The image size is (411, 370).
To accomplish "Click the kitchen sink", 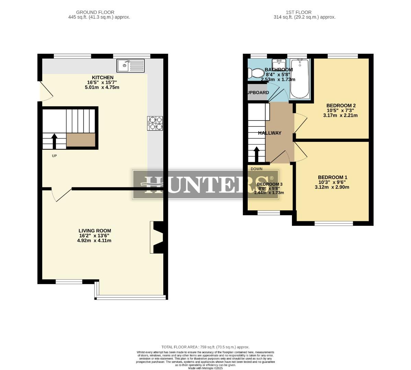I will pyautogui.click(x=131, y=65).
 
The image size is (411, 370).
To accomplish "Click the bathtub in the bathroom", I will pyautogui.click(x=300, y=78).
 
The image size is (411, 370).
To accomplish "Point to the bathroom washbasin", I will pyautogui.click(x=279, y=63).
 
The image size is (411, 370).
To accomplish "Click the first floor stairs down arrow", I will pyautogui.click(x=256, y=155).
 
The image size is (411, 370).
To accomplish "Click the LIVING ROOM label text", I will pyautogui.click(x=95, y=231).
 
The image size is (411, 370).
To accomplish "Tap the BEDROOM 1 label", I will pyautogui.click(x=332, y=177).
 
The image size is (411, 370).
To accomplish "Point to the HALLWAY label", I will pyautogui.click(x=270, y=133).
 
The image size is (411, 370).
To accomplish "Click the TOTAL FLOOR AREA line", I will pyautogui.click(x=205, y=347).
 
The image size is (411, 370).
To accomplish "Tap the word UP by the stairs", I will pyautogui.click(x=54, y=156).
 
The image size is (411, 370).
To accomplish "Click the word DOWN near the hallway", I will pyautogui.click(x=256, y=169).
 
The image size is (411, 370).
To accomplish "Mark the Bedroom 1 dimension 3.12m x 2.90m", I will pyautogui.click(x=332, y=187).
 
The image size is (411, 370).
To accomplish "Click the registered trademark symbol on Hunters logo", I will pyautogui.click(x=272, y=178).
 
